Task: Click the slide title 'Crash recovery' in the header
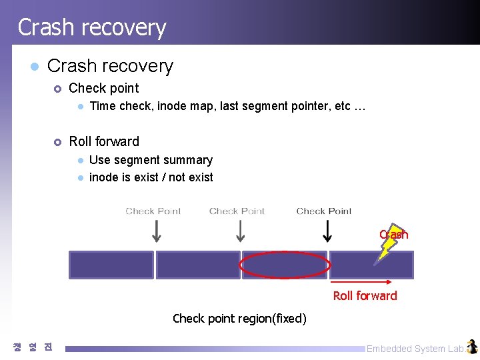coord(91,27)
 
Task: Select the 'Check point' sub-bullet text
coord(104,88)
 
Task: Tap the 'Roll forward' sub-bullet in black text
coord(104,141)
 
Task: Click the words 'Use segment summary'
coord(151,160)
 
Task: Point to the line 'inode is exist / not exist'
coord(151,177)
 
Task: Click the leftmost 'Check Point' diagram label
coord(153,211)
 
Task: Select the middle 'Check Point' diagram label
coord(237,211)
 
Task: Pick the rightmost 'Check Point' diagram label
coord(324,211)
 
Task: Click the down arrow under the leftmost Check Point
coord(156,231)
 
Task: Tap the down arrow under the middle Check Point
coord(240,231)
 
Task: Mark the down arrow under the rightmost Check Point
coord(327,231)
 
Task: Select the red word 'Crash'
coord(393,235)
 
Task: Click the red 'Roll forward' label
coord(365,296)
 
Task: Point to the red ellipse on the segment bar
coord(285,265)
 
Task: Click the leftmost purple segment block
coord(111,265)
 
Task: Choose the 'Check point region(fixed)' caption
coord(239,319)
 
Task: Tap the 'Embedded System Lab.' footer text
coord(415,349)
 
